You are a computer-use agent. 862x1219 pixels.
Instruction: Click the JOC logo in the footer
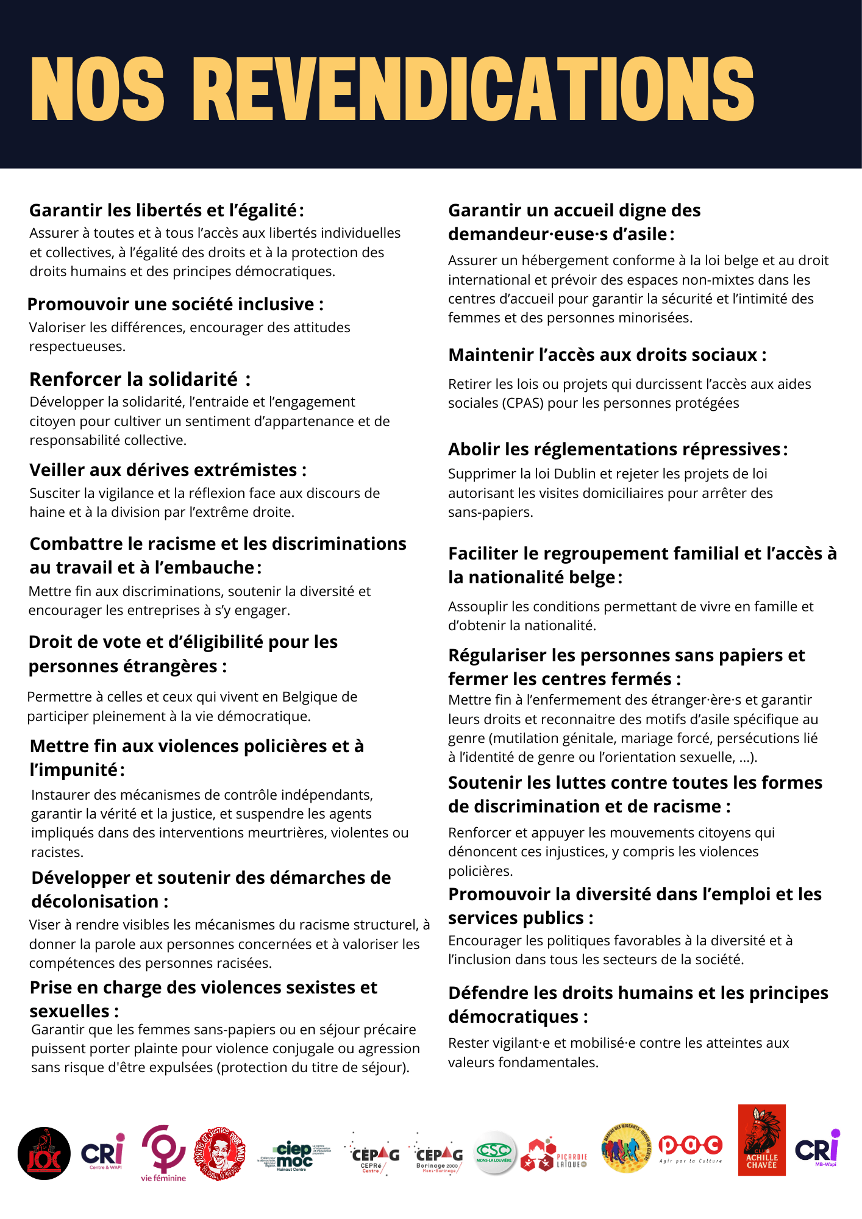pyautogui.click(x=44, y=1153)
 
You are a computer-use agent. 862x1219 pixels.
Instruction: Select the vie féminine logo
pyautogui.click(x=163, y=1153)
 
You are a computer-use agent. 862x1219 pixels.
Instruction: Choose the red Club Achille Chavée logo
pyautogui.click(x=761, y=1140)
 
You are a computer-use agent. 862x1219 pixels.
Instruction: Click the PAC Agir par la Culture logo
pyautogui.click(x=691, y=1148)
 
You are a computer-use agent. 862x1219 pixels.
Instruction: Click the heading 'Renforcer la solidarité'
pyautogui.click(x=134, y=379)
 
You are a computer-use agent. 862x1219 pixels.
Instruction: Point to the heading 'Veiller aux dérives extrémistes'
pyautogui.click(x=163, y=470)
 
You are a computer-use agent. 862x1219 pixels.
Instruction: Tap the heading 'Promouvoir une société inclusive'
pyautogui.click(x=171, y=304)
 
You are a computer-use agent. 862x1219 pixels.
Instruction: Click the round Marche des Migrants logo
pyautogui.click(x=625, y=1149)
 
